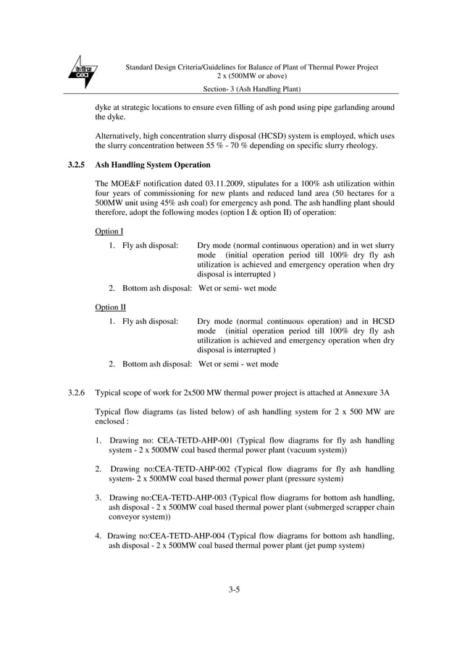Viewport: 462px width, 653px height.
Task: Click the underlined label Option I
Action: point(109,231)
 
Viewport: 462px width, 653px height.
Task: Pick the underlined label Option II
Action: point(111,307)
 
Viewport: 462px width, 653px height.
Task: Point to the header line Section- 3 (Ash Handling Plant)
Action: point(253,89)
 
